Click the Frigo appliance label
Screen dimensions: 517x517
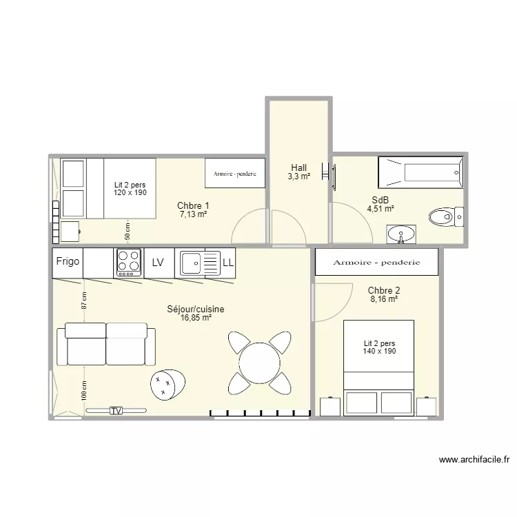point(68,262)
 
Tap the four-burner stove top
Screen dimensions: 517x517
point(128,262)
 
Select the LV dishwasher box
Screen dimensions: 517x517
point(158,263)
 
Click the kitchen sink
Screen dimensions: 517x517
point(196,263)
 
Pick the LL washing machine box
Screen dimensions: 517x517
point(228,263)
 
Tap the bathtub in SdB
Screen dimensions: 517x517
point(420,172)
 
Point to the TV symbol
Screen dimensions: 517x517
point(116,411)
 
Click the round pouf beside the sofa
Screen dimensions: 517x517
point(168,383)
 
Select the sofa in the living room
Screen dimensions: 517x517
point(106,344)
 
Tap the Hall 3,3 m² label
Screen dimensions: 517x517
point(298,172)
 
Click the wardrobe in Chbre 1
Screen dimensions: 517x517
point(235,174)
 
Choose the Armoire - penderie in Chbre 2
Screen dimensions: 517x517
point(376,263)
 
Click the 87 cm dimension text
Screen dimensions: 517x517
point(83,301)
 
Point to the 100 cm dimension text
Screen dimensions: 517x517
point(83,391)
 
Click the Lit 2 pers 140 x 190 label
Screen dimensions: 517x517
point(378,347)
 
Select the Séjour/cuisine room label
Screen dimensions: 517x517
point(195,314)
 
